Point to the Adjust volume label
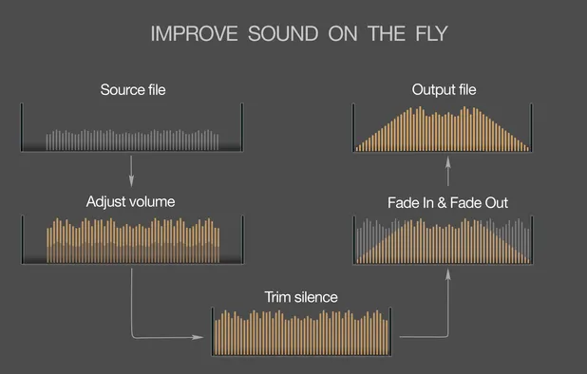pos(130,202)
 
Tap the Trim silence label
pos(301,297)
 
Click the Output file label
pos(444,90)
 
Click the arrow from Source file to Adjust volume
pos(131,171)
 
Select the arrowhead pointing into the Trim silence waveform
pos(206,336)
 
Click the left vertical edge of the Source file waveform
pos(22,128)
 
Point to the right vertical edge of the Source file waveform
pos(243,128)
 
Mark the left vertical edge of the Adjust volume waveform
pos(22,239)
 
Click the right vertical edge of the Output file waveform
pos(535,128)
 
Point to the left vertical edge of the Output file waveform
pos(353,128)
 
